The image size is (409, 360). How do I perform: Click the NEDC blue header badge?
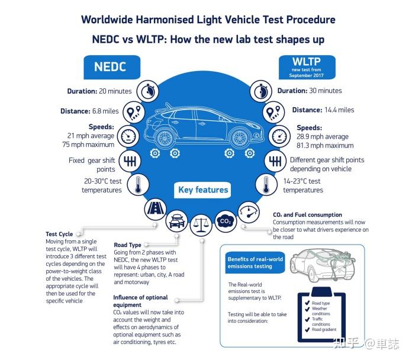(110, 66)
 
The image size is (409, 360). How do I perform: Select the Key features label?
(203, 190)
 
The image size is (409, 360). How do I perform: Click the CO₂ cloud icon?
(225, 221)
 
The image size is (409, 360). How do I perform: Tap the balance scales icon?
(200, 224)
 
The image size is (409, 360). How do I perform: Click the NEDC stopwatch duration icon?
(146, 91)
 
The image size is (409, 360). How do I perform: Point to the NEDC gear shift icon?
(130, 161)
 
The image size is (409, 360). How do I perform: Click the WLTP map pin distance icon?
(272, 111)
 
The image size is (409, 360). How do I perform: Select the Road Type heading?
(127, 245)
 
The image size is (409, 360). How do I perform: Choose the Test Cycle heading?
(59, 234)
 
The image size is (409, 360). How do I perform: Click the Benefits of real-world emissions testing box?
(255, 263)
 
